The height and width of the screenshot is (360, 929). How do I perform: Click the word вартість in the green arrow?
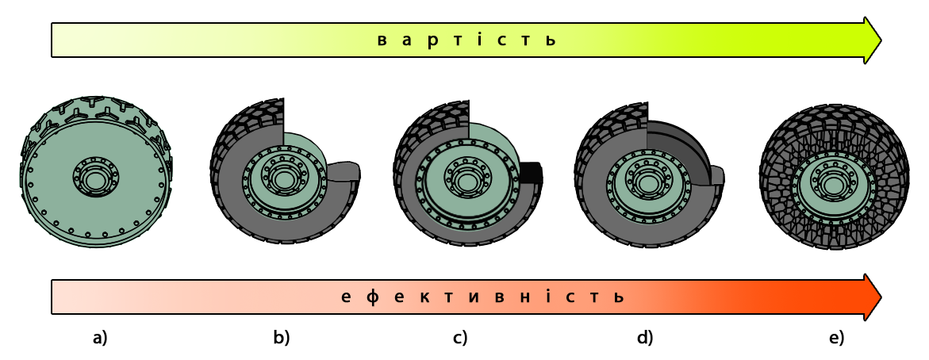pos(467,40)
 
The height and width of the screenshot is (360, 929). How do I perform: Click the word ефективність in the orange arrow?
pos(483,297)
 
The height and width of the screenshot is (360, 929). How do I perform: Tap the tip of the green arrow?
pos(881,40)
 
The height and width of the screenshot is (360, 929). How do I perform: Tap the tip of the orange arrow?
pos(881,297)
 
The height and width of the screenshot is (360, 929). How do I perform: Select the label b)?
pos(282,338)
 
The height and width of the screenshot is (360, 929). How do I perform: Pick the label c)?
pos(460,338)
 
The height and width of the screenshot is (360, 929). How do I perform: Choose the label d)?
pos(645,338)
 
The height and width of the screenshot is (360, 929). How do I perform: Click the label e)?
pos(836,338)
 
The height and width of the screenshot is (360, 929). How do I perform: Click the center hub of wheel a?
pos(96,175)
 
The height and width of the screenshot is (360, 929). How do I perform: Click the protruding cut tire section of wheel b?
pos(344,171)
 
